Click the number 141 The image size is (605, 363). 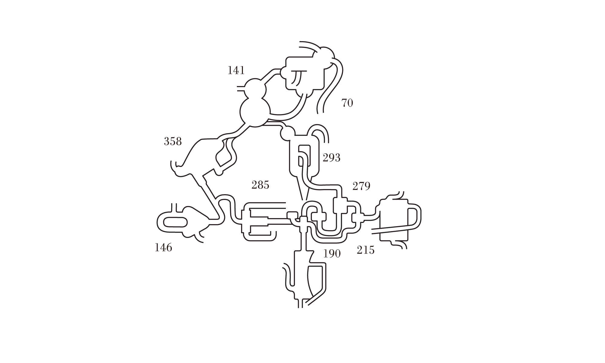pyautogui.click(x=236, y=70)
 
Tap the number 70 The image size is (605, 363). pyautogui.click(x=347, y=103)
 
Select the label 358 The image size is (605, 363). pyautogui.click(x=173, y=141)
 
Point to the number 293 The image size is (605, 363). pyautogui.click(x=332, y=158)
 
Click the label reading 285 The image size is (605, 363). pyautogui.click(x=260, y=185)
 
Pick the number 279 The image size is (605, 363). pyautogui.click(x=361, y=186)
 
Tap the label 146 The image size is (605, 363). pyautogui.click(x=163, y=248)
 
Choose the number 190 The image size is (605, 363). pyautogui.click(x=332, y=254)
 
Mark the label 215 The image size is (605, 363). pyautogui.click(x=365, y=250)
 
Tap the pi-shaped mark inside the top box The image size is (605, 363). pyautogui.click(x=298, y=77)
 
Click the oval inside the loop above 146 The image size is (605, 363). pyautogui.click(x=175, y=223)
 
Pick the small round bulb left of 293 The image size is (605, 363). pyautogui.click(x=287, y=133)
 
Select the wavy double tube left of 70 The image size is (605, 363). pyautogui.click(x=330, y=91)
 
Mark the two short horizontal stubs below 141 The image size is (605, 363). pyautogui.click(x=241, y=88)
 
